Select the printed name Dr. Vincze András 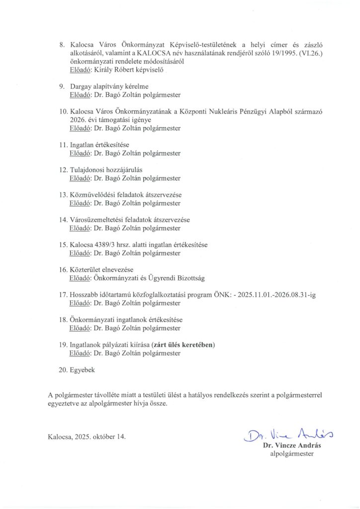[292, 445]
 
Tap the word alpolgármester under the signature [292, 454]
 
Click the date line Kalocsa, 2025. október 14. [87, 437]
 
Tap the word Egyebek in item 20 [82, 370]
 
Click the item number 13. [63, 195]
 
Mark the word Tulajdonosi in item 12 [88, 170]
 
